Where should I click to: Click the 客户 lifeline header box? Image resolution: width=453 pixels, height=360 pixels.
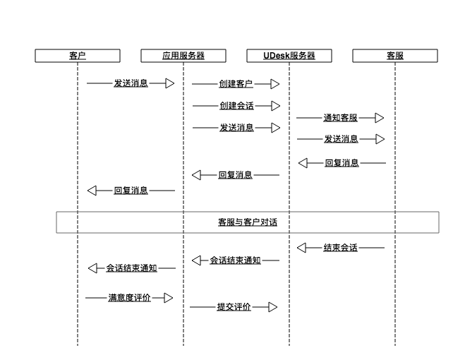click(78, 56)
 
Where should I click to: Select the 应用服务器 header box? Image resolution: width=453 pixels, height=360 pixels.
click(183, 56)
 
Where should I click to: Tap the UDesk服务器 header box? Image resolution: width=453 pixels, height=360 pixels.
click(289, 56)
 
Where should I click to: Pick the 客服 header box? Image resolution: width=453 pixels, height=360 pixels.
click(395, 56)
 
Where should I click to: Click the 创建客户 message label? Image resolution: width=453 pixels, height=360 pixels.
click(236, 84)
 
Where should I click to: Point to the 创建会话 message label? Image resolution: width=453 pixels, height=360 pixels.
click(236, 106)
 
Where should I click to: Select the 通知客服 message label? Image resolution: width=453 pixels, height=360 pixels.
click(340, 118)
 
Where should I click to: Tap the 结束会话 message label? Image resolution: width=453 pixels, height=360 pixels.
click(340, 248)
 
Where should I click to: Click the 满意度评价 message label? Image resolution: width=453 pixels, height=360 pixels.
click(129, 298)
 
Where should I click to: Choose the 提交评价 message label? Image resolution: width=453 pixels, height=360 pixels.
click(234, 307)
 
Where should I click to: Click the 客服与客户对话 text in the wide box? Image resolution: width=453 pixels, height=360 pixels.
click(247, 222)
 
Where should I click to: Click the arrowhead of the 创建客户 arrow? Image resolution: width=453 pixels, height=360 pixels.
click(275, 84)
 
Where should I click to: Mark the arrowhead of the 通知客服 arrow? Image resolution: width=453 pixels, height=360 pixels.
click(380, 118)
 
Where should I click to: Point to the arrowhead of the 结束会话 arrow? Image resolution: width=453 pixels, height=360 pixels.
click(302, 248)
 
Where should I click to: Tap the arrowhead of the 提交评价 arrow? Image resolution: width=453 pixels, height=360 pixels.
click(273, 307)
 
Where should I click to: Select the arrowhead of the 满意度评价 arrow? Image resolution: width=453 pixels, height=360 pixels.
click(168, 298)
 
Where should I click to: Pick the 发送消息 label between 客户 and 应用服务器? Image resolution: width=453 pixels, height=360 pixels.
click(131, 83)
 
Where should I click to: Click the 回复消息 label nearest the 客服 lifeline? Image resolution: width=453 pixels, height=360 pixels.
click(342, 163)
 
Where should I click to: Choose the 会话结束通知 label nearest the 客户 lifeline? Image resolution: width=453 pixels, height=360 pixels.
click(131, 268)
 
